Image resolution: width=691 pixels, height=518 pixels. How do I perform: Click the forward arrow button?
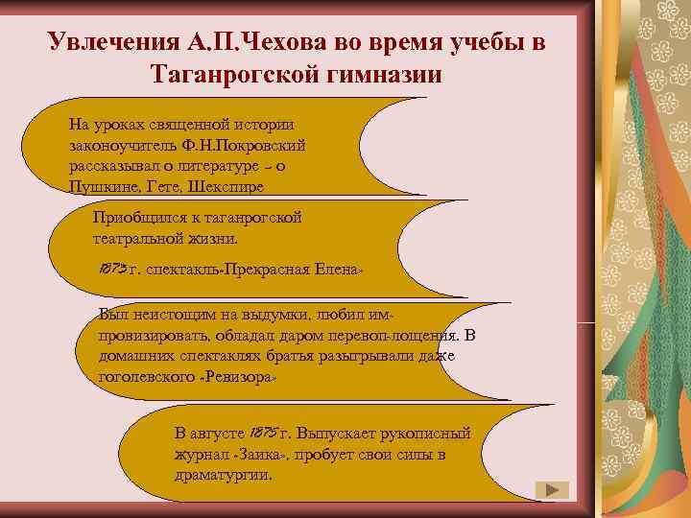[x=550, y=490]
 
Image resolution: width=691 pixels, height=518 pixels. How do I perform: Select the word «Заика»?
[x=258, y=455]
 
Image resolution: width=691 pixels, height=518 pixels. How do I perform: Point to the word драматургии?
[x=223, y=475]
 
